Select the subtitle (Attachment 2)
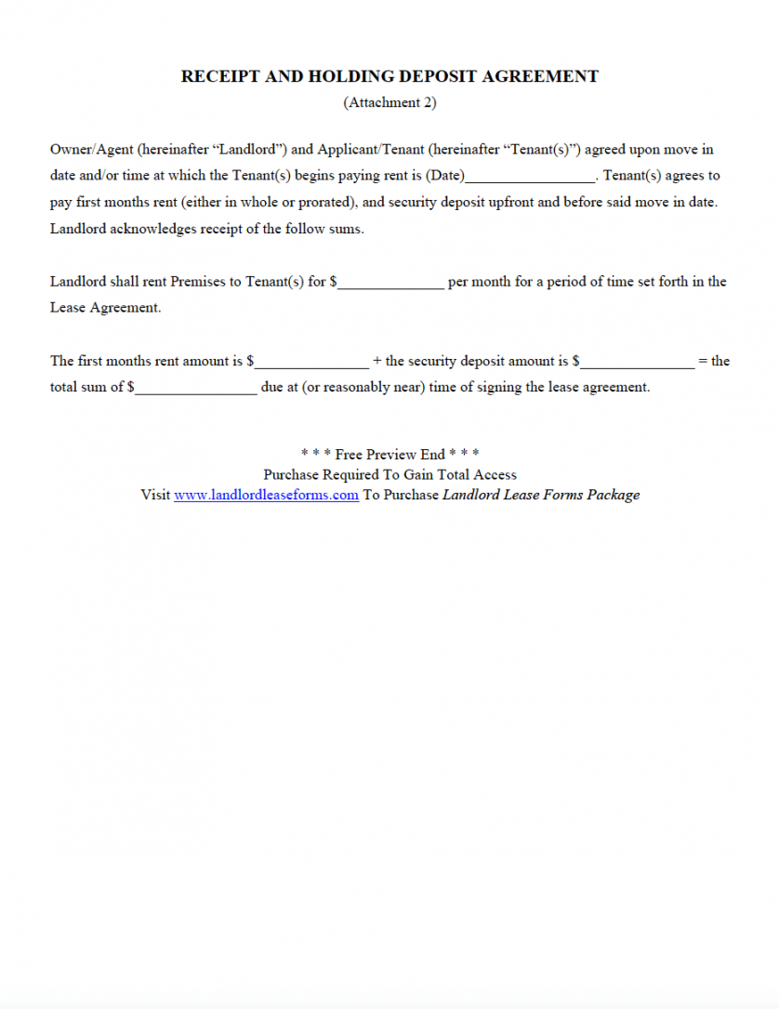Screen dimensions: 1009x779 [389, 103]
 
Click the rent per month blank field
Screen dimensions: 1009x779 [391, 283]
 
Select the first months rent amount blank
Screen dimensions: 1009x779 [312, 363]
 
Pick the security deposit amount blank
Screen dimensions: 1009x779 [638, 363]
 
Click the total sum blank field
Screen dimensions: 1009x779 [196, 389]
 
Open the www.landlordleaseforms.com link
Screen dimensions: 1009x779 [266, 496]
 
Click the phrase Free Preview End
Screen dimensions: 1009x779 [389, 455]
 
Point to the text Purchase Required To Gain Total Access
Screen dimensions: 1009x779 [389, 475]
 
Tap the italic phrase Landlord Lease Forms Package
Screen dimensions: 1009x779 [541, 496]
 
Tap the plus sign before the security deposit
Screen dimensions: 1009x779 [376, 362]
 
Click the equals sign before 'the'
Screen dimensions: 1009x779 [703, 362]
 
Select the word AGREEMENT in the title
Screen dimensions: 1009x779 [541, 77]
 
